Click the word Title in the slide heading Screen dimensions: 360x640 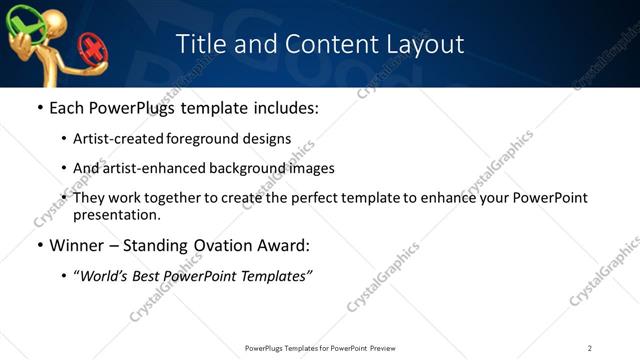coord(199,44)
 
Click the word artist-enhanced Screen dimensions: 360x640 coord(149,168)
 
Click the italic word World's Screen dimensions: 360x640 coord(105,276)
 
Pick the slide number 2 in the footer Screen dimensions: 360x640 coord(590,347)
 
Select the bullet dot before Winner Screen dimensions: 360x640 coord(39,246)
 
